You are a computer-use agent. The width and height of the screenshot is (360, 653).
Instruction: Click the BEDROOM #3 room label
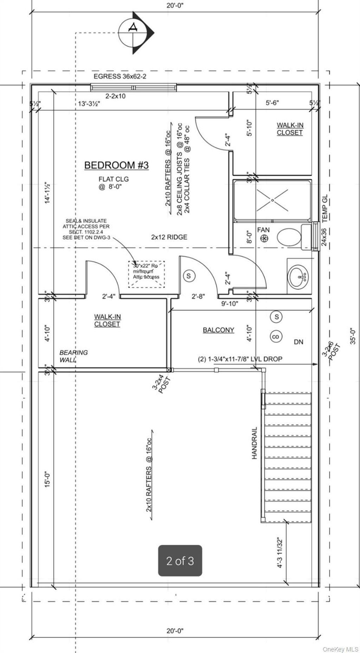(116, 165)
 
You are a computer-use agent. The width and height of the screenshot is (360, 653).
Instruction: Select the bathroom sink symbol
(298, 276)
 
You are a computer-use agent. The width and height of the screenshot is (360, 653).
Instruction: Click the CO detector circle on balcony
(276, 337)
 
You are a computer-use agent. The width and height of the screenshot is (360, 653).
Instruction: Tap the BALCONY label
(218, 330)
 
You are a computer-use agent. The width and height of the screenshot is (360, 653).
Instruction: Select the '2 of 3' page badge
(180, 561)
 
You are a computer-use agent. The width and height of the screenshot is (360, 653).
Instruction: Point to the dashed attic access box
(146, 274)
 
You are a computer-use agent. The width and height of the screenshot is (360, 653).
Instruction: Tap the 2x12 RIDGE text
(169, 237)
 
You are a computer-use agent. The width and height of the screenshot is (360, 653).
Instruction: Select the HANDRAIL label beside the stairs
(255, 443)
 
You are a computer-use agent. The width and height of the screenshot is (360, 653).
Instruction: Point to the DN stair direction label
(298, 342)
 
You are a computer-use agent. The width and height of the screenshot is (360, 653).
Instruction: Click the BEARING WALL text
(73, 356)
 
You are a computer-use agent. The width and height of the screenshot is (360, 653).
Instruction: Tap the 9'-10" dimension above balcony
(230, 303)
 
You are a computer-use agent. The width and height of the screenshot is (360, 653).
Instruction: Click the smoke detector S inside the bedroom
(189, 276)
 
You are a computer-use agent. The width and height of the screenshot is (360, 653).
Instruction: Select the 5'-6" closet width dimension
(272, 103)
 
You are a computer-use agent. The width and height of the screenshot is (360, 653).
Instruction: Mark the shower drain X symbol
(272, 200)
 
